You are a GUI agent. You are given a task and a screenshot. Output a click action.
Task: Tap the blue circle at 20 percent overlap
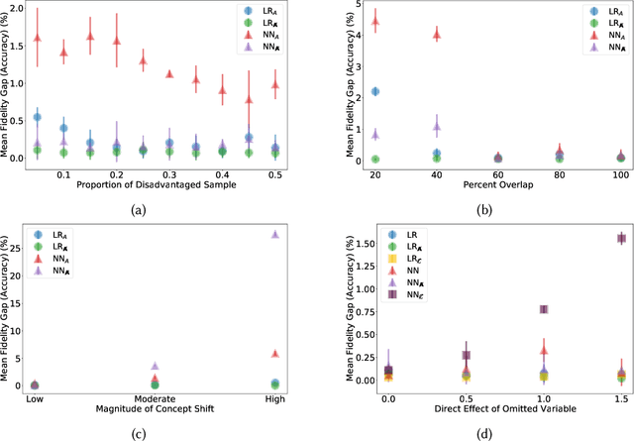[x=374, y=91]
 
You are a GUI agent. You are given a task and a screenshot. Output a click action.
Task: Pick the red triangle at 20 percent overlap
[x=374, y=21]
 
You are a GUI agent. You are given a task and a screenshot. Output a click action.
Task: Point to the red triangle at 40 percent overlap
[x=436, y=34]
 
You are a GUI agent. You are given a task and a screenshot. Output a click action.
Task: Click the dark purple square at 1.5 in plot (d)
[x=622, y=238]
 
